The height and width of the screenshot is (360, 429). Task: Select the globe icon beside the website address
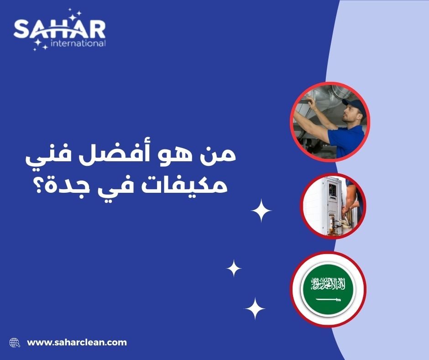coord(15,342)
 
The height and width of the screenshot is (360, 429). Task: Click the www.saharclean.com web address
coord(77,342)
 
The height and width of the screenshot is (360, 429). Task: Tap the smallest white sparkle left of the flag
coord(234,268)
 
